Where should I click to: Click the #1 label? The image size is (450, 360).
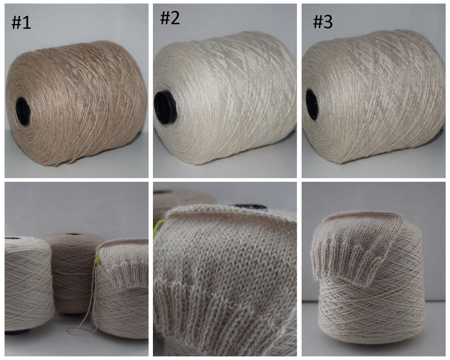pos(21,22)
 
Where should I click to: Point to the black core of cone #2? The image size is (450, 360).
pos(165,108)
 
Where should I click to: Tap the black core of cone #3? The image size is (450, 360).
pos(312,105)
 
